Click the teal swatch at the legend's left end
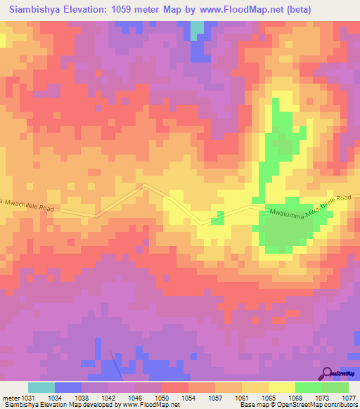coord(41,387)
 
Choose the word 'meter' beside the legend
coord(11,398)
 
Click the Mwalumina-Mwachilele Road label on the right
coord(310,204)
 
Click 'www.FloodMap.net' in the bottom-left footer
coord(149,405)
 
